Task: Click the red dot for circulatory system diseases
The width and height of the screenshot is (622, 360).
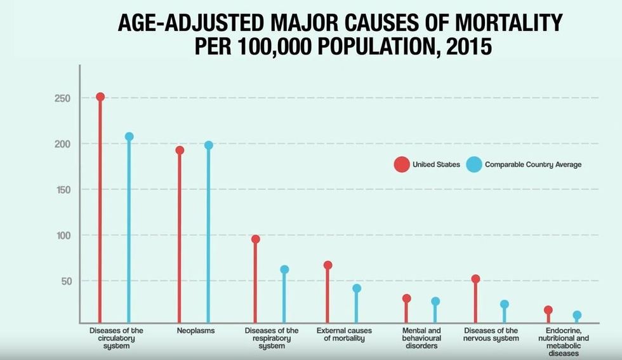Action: click(100, 97)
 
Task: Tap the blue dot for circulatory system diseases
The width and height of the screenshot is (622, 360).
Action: click(129, 137)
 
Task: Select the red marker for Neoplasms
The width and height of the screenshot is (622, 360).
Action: click(180, 150)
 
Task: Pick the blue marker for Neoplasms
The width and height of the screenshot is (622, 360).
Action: click(209, 145)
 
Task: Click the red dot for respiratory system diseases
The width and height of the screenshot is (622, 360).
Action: click(255, 239)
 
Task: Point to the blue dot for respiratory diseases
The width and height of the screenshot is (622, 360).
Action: click(284, 270)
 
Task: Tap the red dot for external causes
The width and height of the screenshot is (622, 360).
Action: click(328, 265)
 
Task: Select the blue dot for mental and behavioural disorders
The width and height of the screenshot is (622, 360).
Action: click(435, 302)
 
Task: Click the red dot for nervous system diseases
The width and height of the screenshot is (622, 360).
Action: click(475, 279)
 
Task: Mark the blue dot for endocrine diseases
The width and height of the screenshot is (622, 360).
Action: click(577, 315)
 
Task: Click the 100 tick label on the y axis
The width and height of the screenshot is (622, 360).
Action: click(62, 236)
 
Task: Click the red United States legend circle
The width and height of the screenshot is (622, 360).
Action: click(401, 165)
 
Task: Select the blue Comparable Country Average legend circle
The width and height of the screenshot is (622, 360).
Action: click(473, 165)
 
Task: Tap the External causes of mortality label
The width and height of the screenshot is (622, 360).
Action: click(344, 335)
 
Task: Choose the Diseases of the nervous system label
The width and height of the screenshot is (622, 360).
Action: click(491, 335)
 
